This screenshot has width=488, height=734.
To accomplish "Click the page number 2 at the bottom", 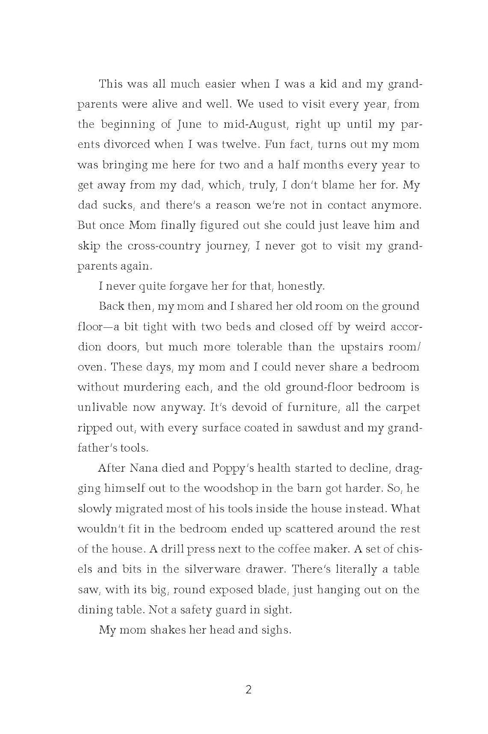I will pyautogui.click(x=248, y=690).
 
